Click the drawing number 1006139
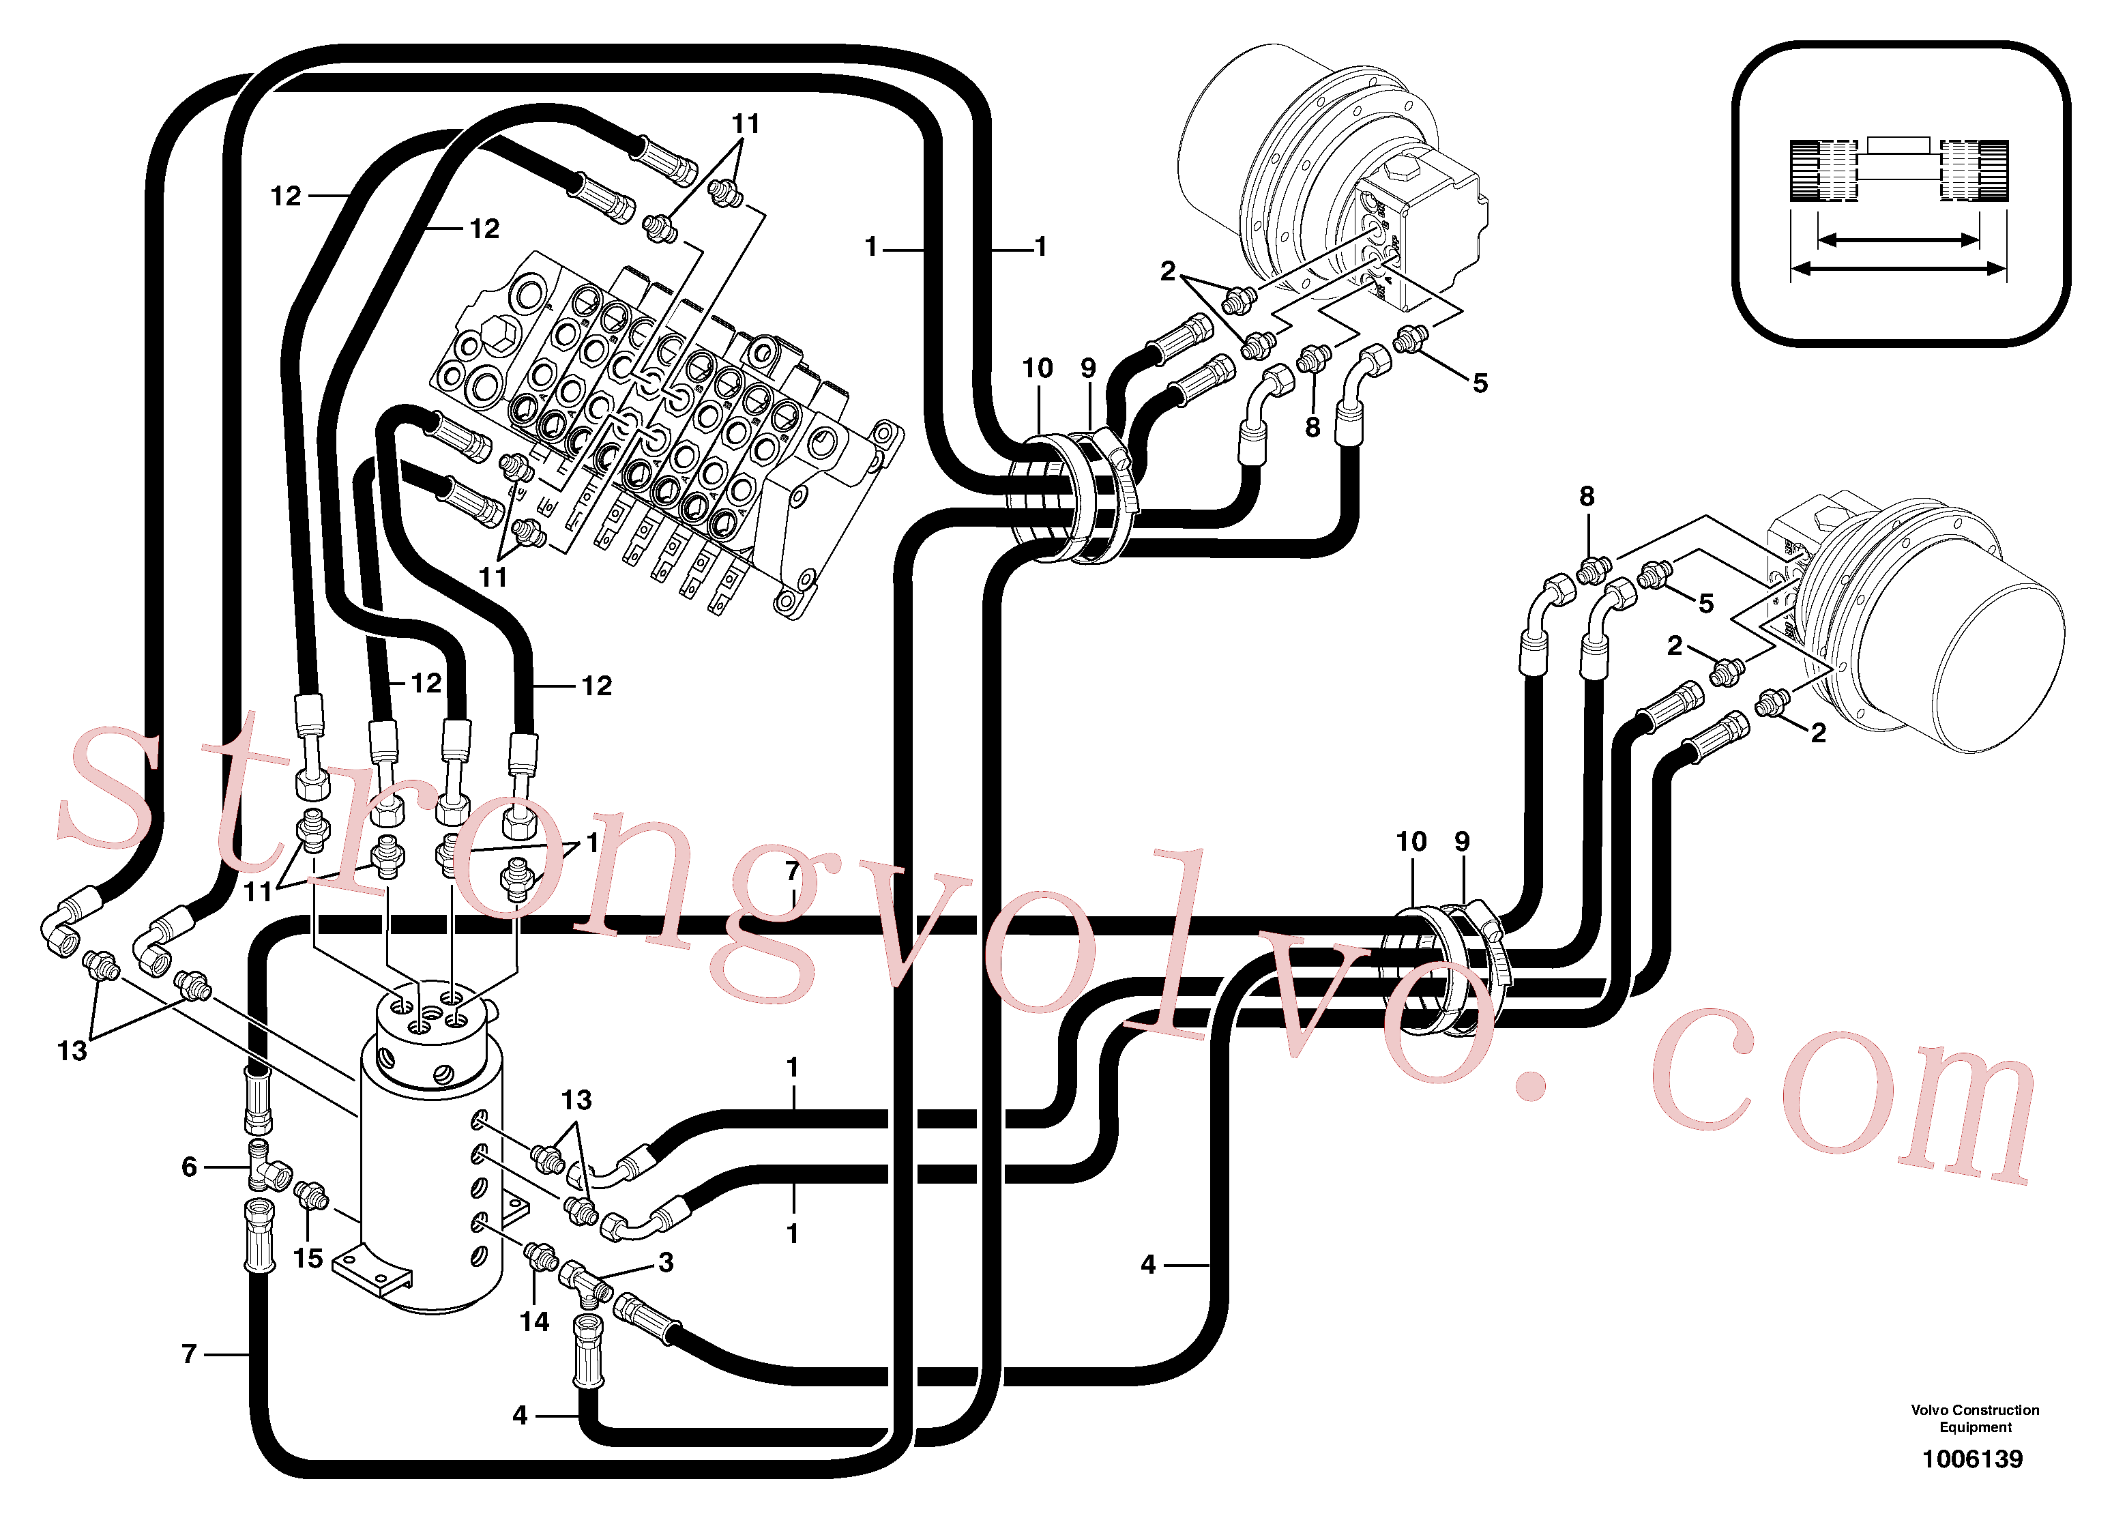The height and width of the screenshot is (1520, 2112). tap(1972, 1459)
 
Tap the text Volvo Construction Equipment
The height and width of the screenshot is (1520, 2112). tap(1975, 1418)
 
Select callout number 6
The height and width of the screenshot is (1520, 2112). tap(189, 1167)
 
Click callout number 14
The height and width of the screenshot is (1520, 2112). tap(535, 1321)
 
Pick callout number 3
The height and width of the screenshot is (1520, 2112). tap(666, 1262)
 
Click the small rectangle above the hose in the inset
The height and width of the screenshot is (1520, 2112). tap(1898, 145)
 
